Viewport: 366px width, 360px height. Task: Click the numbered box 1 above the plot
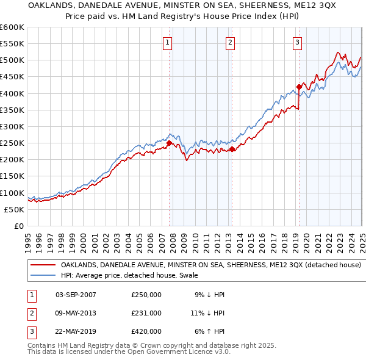point(167,43)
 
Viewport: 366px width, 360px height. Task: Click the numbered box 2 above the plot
point(230,43)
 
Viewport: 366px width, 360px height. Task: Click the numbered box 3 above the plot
point(296,43)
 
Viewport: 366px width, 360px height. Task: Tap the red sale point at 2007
point(169,143)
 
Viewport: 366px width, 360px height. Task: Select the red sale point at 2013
point(232,149)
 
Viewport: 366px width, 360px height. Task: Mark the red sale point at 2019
point(299,87)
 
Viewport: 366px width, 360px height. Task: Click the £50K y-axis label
point(13,209)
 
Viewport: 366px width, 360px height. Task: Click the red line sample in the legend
point(43,265)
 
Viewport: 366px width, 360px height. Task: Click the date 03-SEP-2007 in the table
point(76,295)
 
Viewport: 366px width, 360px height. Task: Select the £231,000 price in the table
point(146,313)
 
